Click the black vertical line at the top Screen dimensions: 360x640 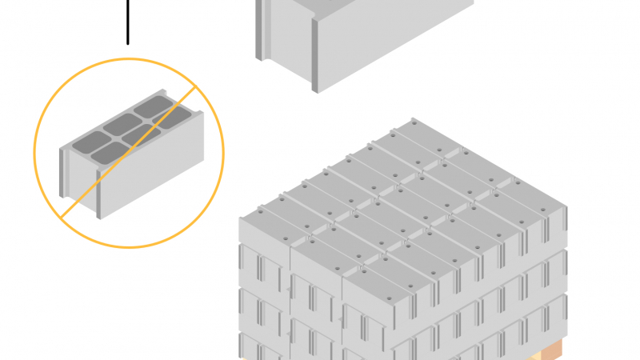127,20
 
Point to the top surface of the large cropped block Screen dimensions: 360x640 376,4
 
